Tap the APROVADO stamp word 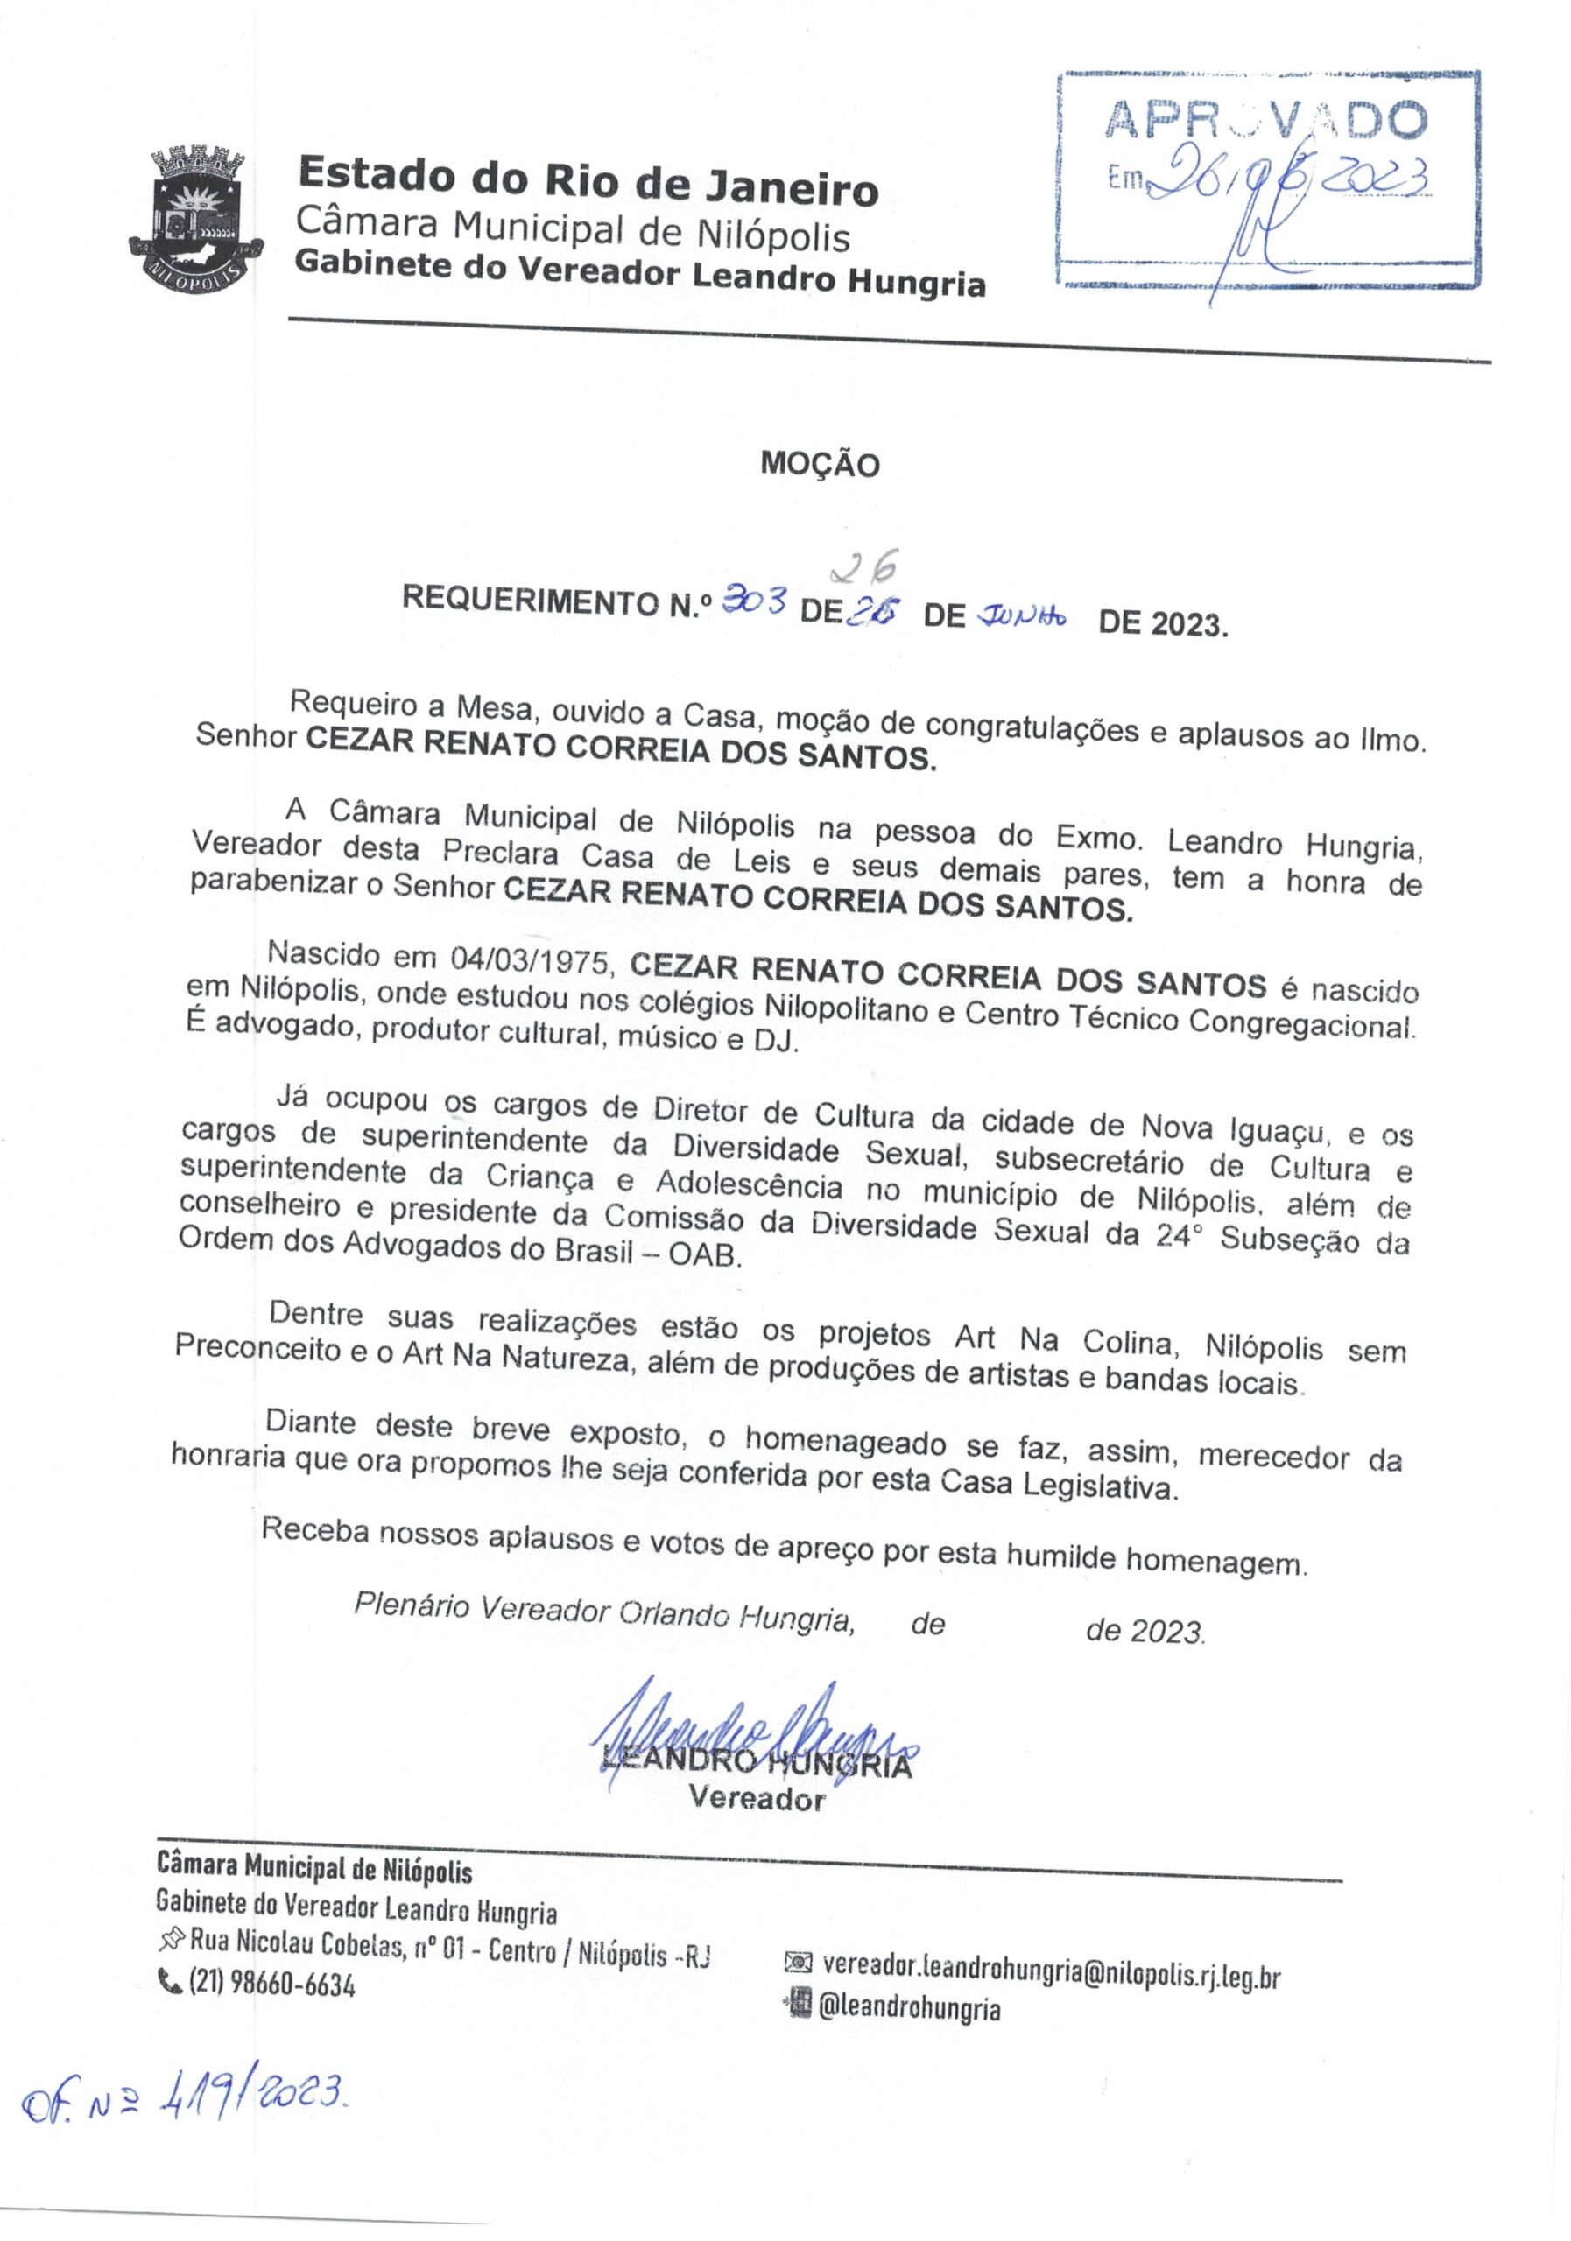click(x=1265, y=121)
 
